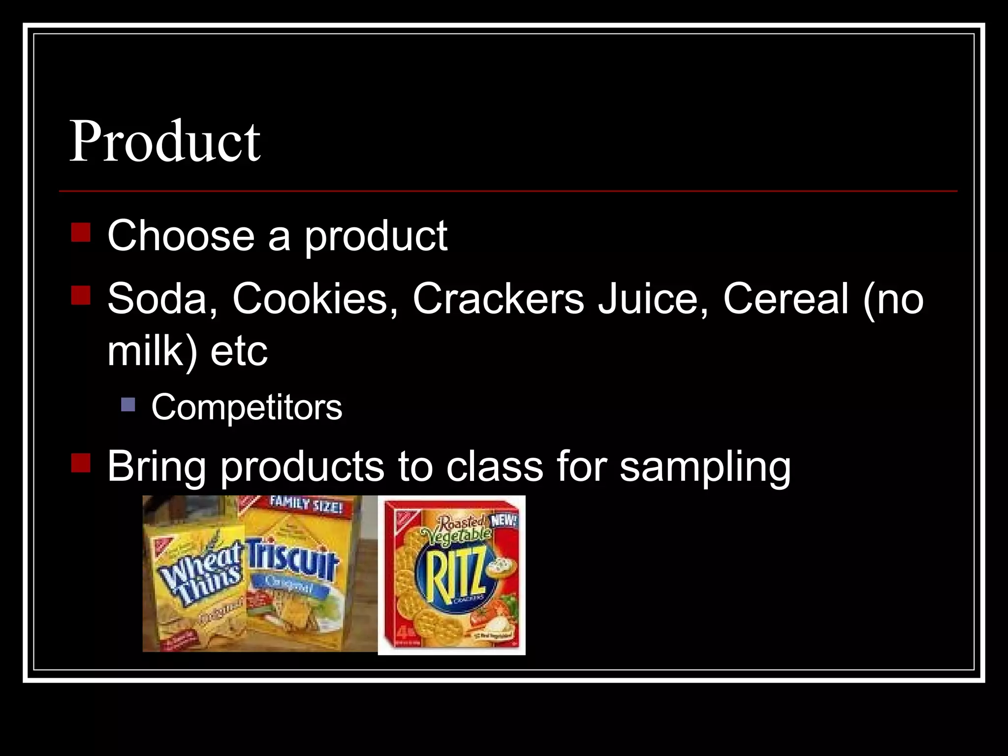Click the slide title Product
pyautogui.click(x=165, y=142)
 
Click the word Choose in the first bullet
pyautogui.click(x=181, y=236)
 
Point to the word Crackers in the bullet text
pyautogui.click(x=498, y=299)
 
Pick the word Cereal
pyautogui.click(x=786, y=299)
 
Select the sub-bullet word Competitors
pyautogui.click(x=247, y=408)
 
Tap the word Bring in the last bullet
pyautogui.click(x=157, y=467)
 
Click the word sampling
pyautogui.click(x=705, y=467)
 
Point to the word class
pyautogui.click(x=495, y=467)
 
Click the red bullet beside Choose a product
pyautogui.click(x=81, y=232)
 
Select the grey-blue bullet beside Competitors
pyautogui.click(x=128, y=405)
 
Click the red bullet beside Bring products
pyautogui.click(x=81, y=463)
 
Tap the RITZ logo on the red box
pyautogui.click(x=453, y=576)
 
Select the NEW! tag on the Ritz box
pyautogui.click(x=504, y=521)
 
